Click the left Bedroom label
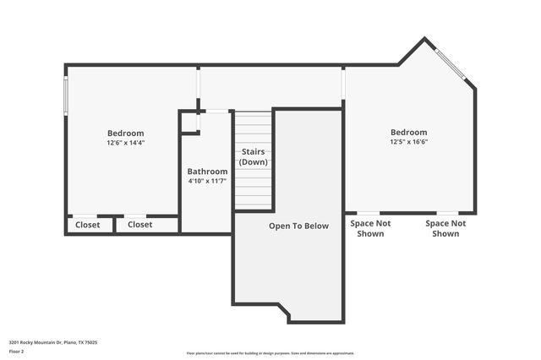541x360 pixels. (125, 134)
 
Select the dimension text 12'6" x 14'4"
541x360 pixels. (125, 143)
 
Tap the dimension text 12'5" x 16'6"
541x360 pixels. (408, 142)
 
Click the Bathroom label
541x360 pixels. (207, 172)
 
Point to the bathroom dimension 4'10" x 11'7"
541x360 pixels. (207, 181)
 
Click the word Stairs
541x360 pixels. (254, 152)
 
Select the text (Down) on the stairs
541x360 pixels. (254, 162)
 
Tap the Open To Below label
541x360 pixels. (298, 226)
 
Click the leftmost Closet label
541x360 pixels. (87, 225)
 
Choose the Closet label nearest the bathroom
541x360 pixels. (139, 225)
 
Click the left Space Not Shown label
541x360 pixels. (370, 228)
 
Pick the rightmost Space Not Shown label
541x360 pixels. (445, 228)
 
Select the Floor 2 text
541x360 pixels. (17, 352)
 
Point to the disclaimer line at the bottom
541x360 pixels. (270, 353)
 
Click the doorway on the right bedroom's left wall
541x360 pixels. (344, 84)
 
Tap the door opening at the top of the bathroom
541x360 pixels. (217, 111)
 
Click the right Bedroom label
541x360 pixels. (408, 133)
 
